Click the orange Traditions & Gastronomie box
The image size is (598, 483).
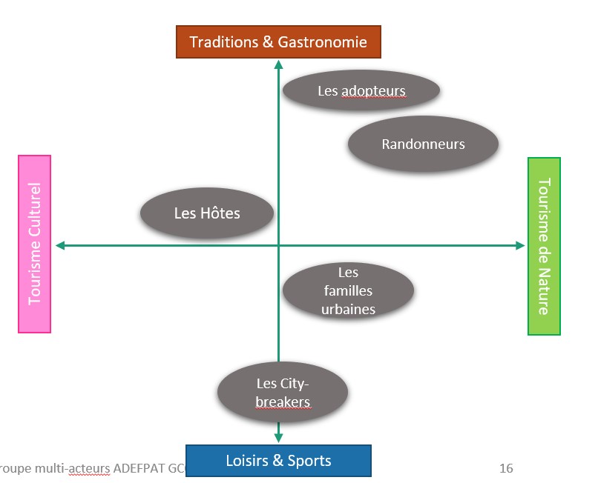278,42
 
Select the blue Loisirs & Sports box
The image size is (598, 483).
278,461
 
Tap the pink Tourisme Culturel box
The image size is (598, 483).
35,244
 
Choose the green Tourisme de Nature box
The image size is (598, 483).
544,246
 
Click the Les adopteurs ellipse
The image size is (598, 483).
361,91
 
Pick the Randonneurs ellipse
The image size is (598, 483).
423,144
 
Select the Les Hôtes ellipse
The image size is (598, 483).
207,213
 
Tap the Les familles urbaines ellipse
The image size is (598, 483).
348,291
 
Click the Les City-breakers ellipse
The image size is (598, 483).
283,393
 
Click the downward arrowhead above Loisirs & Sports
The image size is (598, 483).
279,436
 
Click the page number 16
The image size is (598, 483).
506,468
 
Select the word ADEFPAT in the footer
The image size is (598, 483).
137,468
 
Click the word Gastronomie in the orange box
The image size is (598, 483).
323,42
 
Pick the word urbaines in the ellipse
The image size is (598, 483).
348,310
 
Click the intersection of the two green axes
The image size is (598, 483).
279,245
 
